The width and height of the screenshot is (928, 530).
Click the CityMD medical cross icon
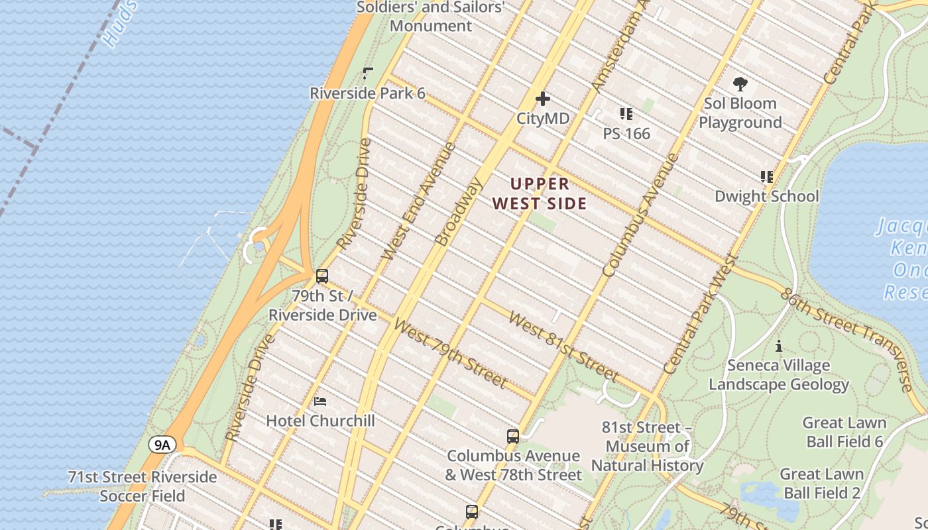click(543, 99)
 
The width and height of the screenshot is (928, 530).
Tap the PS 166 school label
click(626, 133)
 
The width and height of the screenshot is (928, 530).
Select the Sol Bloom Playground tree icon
click(740, 84)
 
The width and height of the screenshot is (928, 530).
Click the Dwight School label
click(766, 196)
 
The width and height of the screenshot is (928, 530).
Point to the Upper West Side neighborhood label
click(540, 193)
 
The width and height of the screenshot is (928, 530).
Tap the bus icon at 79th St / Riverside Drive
click(322, 276)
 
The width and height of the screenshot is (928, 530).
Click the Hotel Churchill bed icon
click(320, 401)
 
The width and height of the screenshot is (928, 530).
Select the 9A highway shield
click(162, 444)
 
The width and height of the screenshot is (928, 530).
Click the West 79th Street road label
click(450, 353)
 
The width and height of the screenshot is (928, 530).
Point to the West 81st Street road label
click(563, 347)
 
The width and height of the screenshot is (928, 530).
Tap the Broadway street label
click(457, 212)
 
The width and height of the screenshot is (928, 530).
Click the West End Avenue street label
click(419, 200)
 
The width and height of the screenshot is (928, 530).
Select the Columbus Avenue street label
click(640, 215)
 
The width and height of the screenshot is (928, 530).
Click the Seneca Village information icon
click(779, 346)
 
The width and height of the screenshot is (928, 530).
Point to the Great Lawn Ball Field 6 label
click(844, 432)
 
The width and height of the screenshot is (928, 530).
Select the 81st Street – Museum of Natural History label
click(647, 447)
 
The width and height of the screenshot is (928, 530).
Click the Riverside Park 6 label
click(367, 93)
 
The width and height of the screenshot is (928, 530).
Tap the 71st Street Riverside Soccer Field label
click(142, 486)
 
